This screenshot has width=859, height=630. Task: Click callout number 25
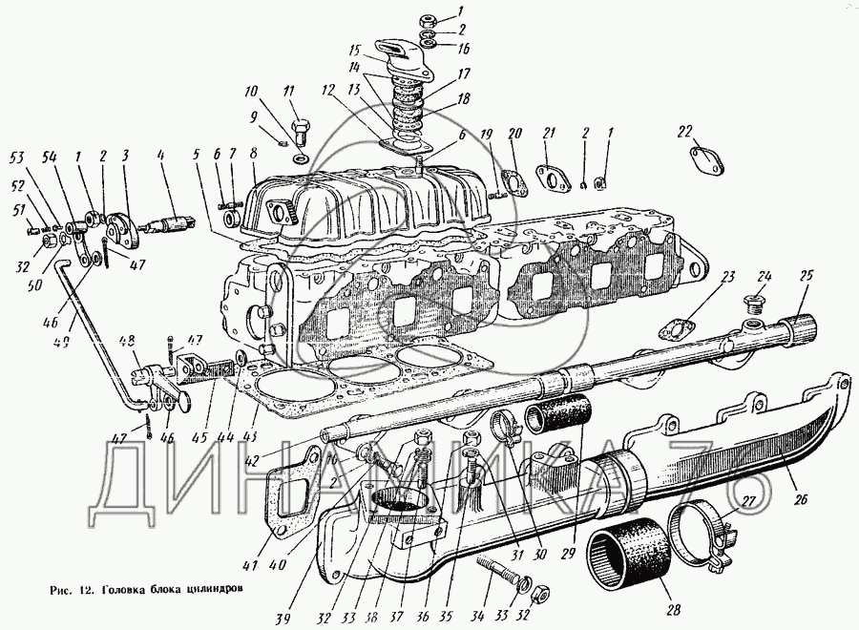click(807, 276)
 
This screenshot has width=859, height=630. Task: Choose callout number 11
click(288, 91)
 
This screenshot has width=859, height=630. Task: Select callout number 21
click(549, 133)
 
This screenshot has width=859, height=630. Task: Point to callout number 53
click(17, 157)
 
